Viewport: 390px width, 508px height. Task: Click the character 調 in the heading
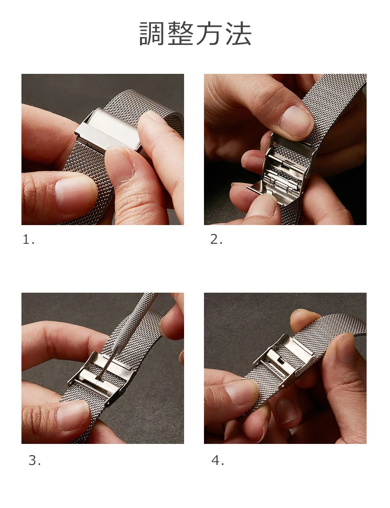click(152, 34)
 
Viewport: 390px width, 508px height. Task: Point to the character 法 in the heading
click(239, 34)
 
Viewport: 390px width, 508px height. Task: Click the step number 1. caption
click(29, 240)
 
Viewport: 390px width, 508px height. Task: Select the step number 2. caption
click(216, 240)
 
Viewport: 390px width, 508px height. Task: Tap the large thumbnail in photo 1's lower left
click(75, 195)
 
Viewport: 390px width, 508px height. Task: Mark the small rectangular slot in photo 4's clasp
click(282, 361)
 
